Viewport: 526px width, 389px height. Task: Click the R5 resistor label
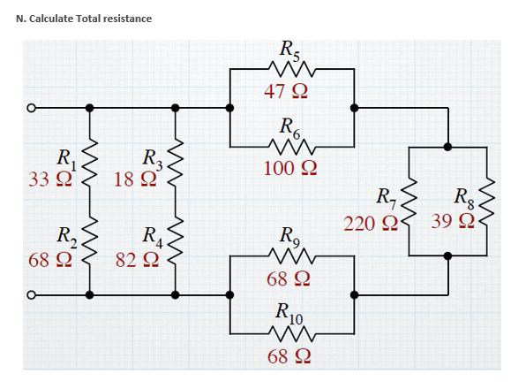pos(290,50)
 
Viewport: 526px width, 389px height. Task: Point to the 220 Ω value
pos(364,223)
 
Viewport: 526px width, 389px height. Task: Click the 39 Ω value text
pos(452,221)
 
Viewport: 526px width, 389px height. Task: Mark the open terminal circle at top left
pos(30,109)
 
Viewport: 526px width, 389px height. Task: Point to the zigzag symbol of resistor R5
pos(290,69)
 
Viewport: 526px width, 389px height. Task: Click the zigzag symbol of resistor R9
pos(290,257)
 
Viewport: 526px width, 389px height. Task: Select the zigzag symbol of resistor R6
pos(290,144)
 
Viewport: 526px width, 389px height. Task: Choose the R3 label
pos(154,160)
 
